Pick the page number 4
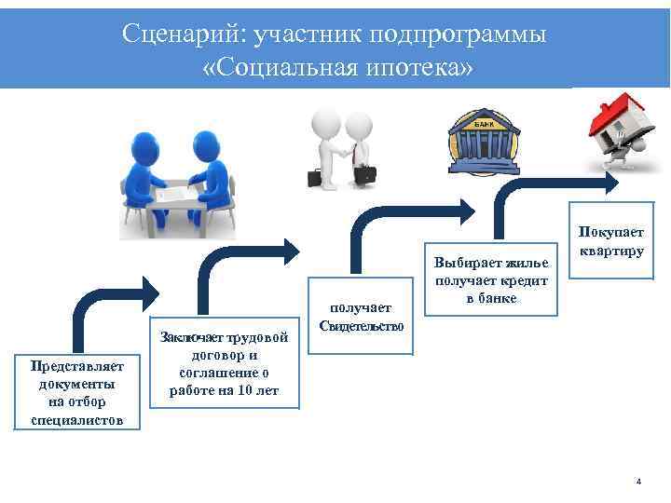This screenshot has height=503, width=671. pos(638,482)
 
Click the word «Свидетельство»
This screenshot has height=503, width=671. pos(361,326)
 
